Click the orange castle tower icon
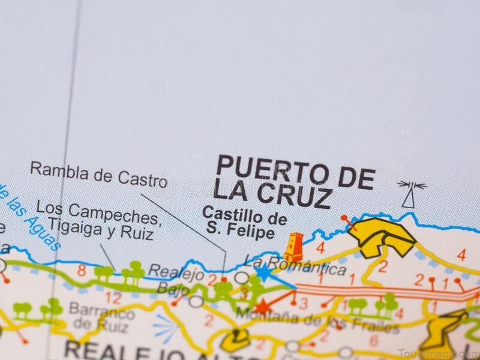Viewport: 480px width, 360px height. [293, 247]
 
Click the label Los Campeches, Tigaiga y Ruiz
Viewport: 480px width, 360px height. [99, 219]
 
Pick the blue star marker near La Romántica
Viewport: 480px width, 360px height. [264, 272]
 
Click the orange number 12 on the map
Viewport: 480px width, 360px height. [112, 298]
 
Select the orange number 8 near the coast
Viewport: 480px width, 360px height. [81, 271]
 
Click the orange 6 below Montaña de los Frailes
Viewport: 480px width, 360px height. [373, 340]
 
